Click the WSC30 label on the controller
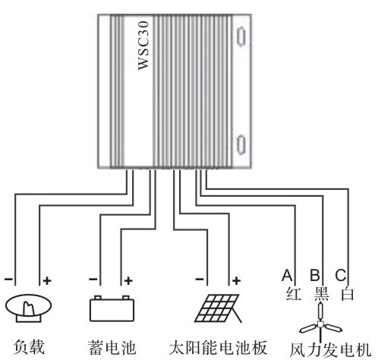[x=143, y=46]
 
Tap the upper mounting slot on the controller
[x=241, y=36]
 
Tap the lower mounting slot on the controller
[x=241, y=144]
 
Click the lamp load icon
[x=28, y=308]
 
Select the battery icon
[x=112, y=308]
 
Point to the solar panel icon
[x=218, y=308]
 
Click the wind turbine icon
[x=321, y=321]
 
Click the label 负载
[x=29, y=347]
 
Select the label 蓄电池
[x=112, y=347]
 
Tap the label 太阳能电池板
[x=218, y=347]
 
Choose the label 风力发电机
[x=330, y=350]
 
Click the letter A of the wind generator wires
[x=287, y=275]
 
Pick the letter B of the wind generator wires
[x=315, y=275]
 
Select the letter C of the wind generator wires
[x=341, y=275]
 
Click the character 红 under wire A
[x=294, y=294]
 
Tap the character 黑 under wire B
[x=321, y=294]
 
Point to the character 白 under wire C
[x=347, y=294]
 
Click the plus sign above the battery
[x=128, y=280]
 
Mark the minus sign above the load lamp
[x=8, y=279]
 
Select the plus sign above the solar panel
[x=236, y=280]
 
